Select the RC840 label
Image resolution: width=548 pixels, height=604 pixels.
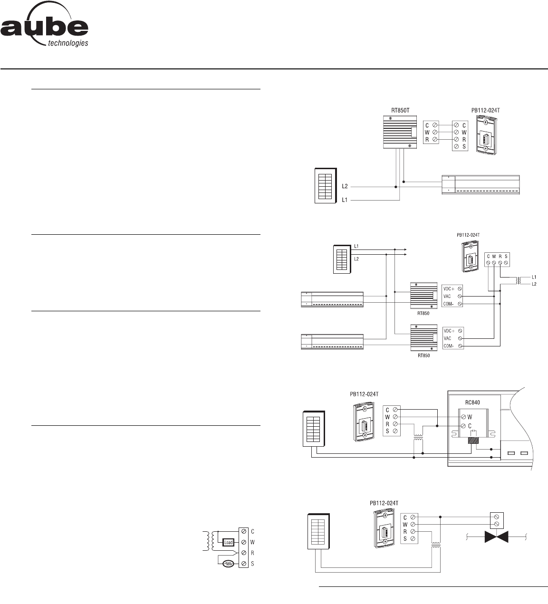click(472, 402)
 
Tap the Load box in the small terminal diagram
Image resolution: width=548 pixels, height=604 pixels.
click(229, 542)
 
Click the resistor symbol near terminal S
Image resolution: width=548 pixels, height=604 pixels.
click(229, 564)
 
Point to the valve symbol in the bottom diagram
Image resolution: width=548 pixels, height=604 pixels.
click(496, 537)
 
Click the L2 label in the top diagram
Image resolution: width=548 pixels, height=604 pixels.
click(346, 187)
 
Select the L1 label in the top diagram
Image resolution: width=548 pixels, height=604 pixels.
click(346, 201)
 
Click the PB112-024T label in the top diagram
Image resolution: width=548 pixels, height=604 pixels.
click(486, 110)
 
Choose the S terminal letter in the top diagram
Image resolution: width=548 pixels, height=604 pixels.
click(464, 147)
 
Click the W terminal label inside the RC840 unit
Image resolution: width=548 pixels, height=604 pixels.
click(470, 417)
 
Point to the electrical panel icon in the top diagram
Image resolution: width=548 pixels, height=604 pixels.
click(326, 185)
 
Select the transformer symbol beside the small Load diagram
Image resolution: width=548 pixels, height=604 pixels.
click(208, 541)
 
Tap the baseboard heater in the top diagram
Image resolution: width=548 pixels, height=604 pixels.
click(481, 184)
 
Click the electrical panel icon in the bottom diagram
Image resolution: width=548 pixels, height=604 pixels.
click(318, 532)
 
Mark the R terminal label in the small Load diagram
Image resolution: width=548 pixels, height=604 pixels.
click(252, 553)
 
